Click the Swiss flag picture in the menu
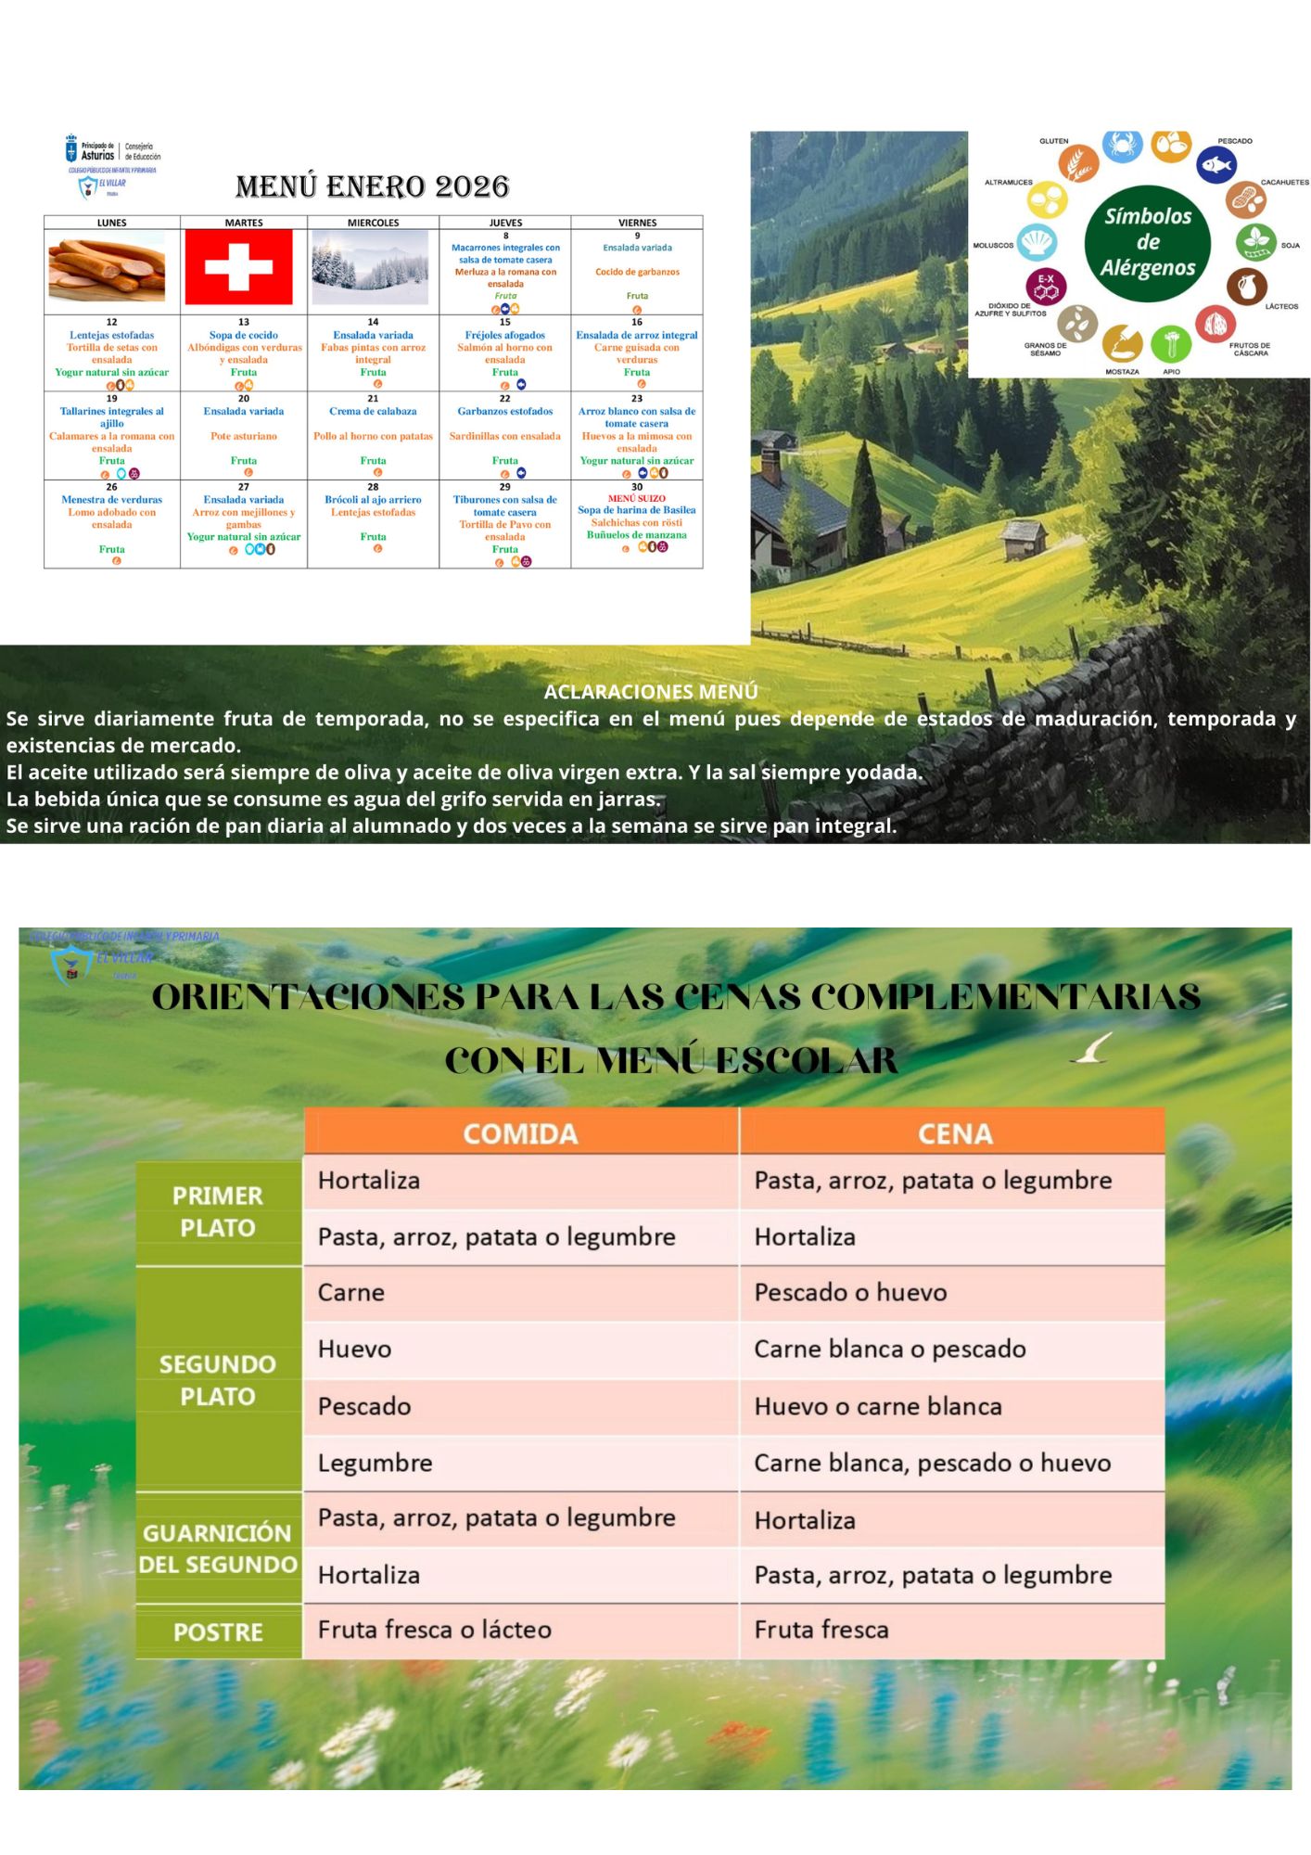tap(239, 267)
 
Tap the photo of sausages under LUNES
tap(107, 268)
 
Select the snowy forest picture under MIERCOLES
tap(371, 267)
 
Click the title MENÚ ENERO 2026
tap(372, 186)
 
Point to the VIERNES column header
tap(637, 223)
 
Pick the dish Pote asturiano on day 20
tap(243, 436)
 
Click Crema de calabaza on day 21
tap(373, 411)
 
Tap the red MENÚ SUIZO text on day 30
tap(636, 498)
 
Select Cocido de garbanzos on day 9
tap(637, 272)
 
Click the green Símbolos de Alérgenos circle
tap(1148, 243)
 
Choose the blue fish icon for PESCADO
tap(1216, 166)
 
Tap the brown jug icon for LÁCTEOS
tap(1247, 287)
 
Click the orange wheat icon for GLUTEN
tap(1078, 164)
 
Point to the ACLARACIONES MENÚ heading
tap(651, 692)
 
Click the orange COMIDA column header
tap(520, 1133)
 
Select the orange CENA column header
tap(954, 1133)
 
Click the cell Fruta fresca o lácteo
tap(435, 1630)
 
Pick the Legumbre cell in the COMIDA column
tap(375, 1463)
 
